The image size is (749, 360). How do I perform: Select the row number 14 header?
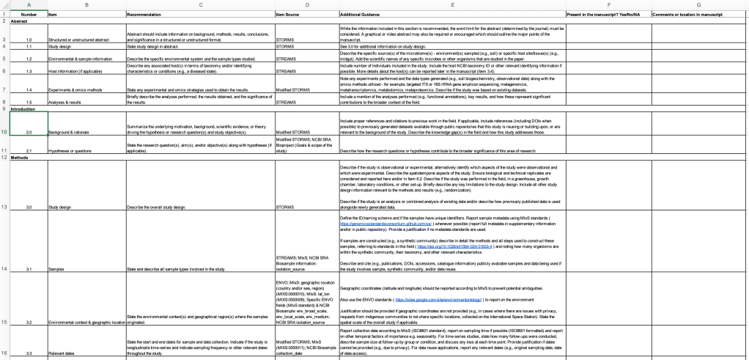(x=4, y=269)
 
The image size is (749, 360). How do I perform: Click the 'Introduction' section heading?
(x=23, y=109)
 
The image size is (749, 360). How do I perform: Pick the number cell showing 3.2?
(x=29, y=321)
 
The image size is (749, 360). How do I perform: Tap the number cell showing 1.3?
(x=29, y=72)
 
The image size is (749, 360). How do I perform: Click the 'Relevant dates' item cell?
(x=62, y=353)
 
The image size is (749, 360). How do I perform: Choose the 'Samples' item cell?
(x=56, y=269)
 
